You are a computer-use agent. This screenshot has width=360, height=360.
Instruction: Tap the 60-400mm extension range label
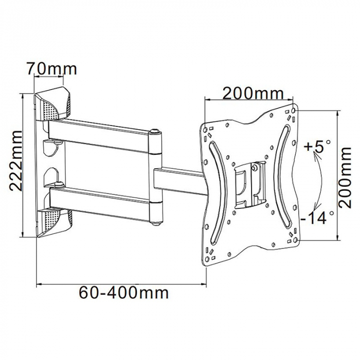123,293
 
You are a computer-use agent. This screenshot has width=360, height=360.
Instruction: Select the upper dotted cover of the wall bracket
56,105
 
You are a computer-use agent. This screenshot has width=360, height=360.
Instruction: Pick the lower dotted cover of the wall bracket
56,219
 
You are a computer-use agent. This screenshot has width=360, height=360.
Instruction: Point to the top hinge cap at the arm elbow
155,133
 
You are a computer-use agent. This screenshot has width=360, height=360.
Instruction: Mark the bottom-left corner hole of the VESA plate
209,258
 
